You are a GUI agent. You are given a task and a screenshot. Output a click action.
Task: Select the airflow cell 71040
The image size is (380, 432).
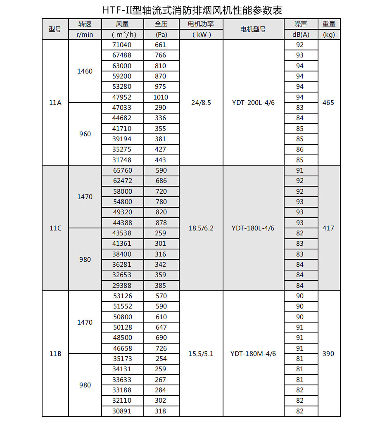(122, 45)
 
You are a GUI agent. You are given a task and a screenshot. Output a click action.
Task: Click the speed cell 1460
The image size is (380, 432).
(85, 71)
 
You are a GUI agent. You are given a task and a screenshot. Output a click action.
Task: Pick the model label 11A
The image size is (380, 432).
(55, 102)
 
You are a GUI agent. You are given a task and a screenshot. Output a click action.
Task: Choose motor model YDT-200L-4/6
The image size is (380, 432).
(253, 102)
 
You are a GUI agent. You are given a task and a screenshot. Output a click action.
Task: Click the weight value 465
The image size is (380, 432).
(328, 102)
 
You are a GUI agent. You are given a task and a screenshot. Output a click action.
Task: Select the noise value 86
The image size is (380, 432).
(300, 149)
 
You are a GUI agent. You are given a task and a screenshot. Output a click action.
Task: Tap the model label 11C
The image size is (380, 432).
(55, 228)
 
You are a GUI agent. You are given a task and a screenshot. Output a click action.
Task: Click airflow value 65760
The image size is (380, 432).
(122, 170)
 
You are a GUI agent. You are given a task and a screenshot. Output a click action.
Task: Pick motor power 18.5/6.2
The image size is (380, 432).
(201, 228)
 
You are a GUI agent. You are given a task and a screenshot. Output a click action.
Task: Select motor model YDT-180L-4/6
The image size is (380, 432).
(253, 228)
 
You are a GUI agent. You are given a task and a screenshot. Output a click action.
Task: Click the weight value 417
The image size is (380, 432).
(328, 228)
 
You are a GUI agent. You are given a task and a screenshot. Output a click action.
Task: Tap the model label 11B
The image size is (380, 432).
(55, 354)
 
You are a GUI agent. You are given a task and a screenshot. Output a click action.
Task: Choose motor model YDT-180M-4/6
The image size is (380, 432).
(253, 354)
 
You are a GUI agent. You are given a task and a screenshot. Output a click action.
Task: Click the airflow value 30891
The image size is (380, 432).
(122, 411)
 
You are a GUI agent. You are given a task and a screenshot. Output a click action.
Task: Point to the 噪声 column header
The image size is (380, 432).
(300, 24)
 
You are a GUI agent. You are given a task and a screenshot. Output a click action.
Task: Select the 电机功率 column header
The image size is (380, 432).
(201, 24)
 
